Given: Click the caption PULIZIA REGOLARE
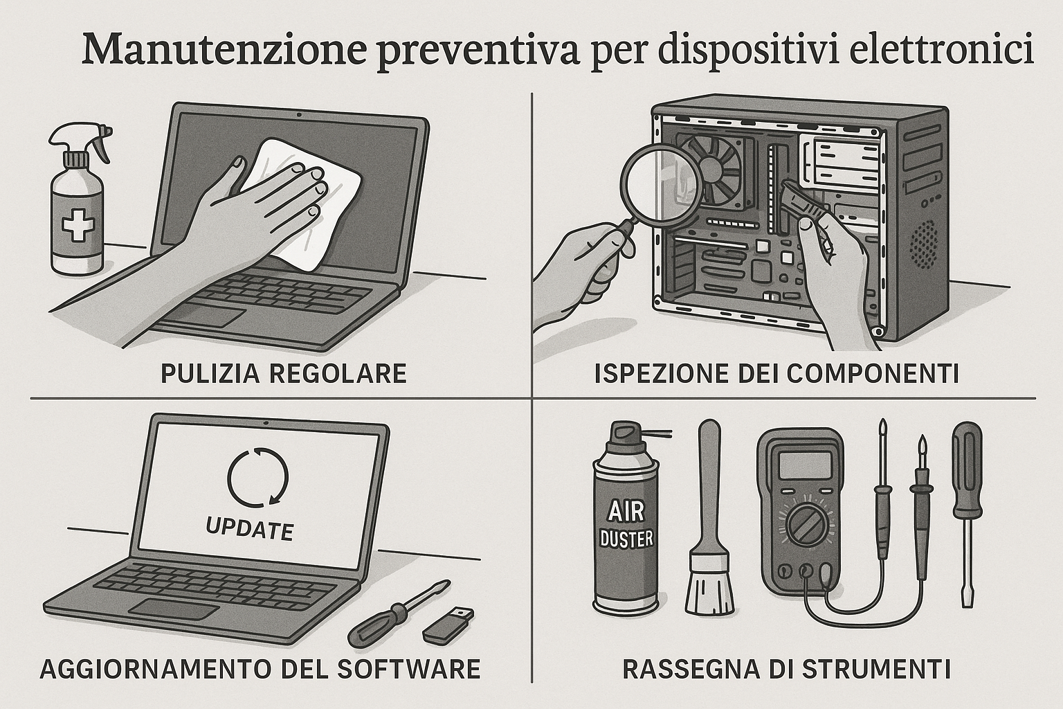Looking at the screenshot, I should point(283,374).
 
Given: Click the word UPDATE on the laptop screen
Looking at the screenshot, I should point(250,529).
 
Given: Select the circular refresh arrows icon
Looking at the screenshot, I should point(257,477).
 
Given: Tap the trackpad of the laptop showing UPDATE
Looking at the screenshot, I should point(175,610).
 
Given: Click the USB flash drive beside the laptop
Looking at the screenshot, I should point(447,623).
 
